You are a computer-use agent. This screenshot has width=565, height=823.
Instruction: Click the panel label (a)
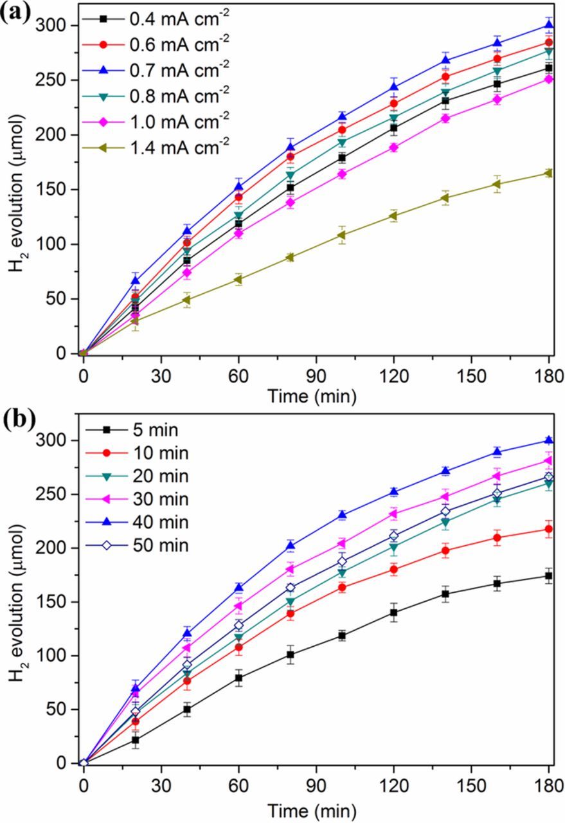[x=15, y=13]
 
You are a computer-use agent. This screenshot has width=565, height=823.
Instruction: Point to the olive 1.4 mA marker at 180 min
[x=549, y=173]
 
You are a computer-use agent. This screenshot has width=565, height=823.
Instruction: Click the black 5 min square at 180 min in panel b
[x=549, y=576]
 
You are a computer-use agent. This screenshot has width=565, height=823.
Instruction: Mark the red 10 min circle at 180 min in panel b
[x=549, y=529]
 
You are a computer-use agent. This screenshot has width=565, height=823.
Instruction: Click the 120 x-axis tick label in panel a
[x=393, y=374]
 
